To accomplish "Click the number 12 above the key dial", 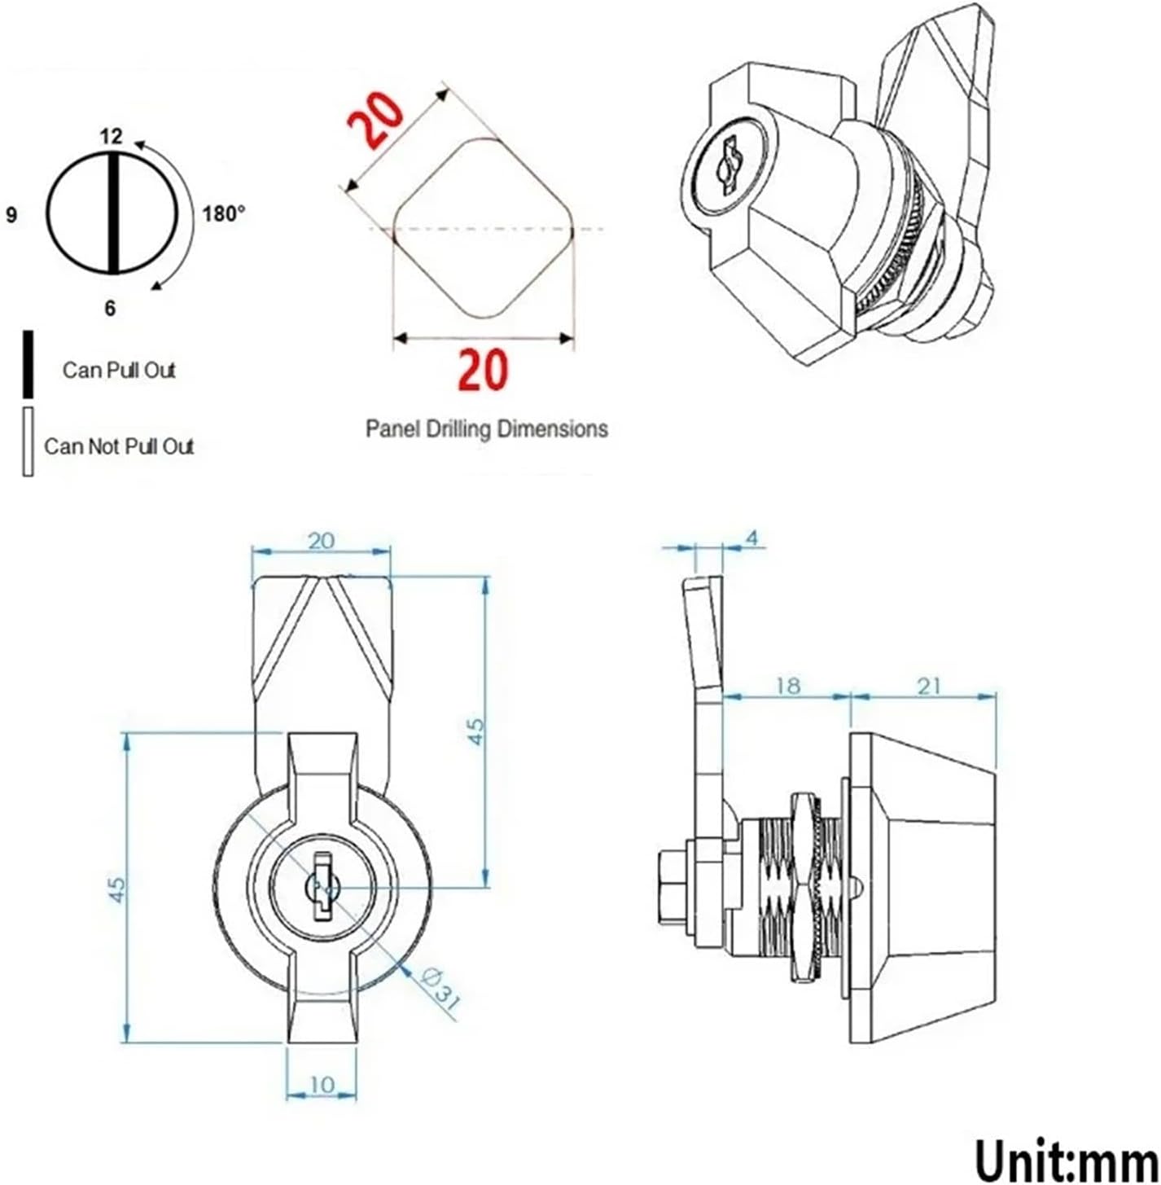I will tap(111, 136).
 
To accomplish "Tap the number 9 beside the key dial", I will tap(11, 216).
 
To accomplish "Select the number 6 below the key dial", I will tap(110, 309).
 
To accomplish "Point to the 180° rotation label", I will tap(224, 214).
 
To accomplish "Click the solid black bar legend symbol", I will tap(28, 364).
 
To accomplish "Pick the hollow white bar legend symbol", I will tap(28, 441).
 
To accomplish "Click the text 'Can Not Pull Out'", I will tap(119, 446).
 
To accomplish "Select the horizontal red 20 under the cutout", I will tap(483, 369).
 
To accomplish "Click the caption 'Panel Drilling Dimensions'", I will tap(486, 428).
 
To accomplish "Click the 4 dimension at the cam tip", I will tap(751, 538).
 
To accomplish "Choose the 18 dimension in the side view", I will tap(787, 686).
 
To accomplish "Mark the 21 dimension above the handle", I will tap(929, 686).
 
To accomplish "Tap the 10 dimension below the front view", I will tap(322, 1085).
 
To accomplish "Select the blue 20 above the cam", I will tap(321, 541).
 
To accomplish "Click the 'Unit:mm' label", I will tap(1066, 1156).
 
